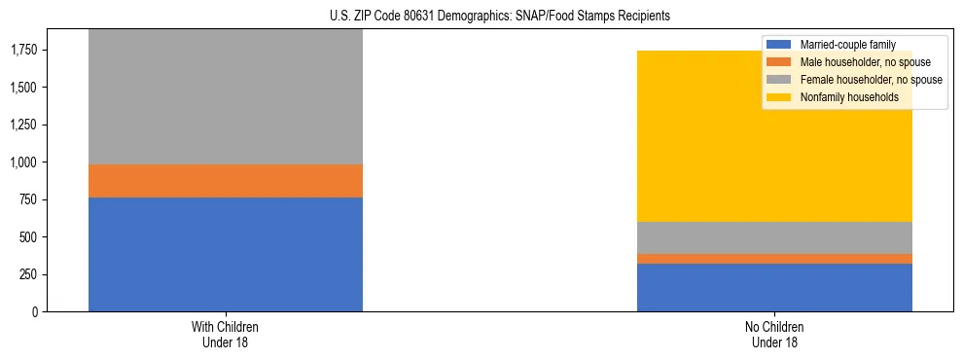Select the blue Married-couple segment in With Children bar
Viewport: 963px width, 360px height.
pyautogui.click(x=226, y=254)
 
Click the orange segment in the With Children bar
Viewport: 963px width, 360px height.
pyautogui.click(x=226, y=181)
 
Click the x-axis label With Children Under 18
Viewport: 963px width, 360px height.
pyautogui.click(x=226, y=335)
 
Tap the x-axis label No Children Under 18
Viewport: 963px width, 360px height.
pyautogui.click(x=774, y=335)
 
